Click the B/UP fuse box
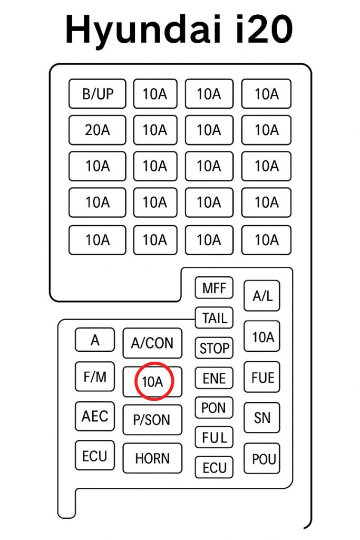click(98, 94)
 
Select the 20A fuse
click(98, 130)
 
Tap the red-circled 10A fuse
click(152, 382)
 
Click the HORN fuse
click(152, 458)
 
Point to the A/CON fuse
click(152, 343)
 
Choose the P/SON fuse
click(152, 420)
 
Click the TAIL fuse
click(214, 318)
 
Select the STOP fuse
click(214, 348)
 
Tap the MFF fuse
click(214, 288)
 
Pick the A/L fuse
click(262, 296)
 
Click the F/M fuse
click(95, 377)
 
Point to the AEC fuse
click(95, 416)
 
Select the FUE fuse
click(262, 378)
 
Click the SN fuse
click(262, 418)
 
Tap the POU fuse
click(262, 458)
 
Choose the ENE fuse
click(214, 378)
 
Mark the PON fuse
click(214, 408)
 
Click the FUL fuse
click(214, 438)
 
